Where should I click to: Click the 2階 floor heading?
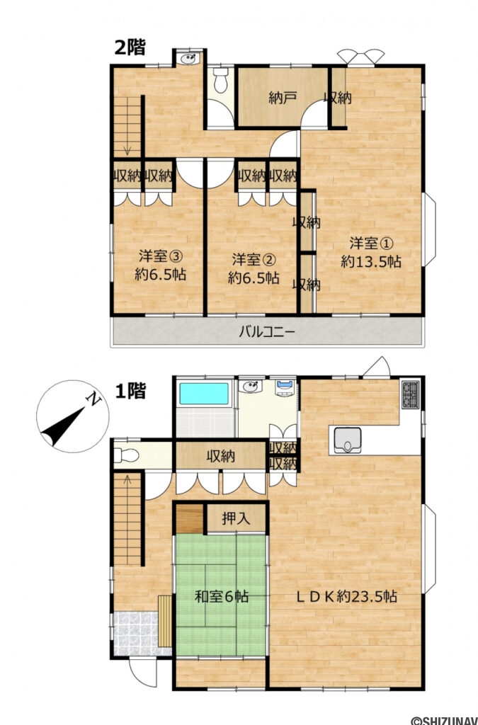[x=130, y=48]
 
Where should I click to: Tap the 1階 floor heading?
[x=130, y=390]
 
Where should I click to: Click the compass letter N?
[x=92, y=400]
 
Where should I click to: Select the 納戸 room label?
[x=282, y=98]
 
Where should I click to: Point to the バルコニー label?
[x=266, y=331]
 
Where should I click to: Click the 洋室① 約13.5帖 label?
[x=371, y=252]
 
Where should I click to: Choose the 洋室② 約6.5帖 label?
[x=254, y=267]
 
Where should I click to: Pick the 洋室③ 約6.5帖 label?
[x=160, y=264]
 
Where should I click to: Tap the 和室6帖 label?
[x=222, y=596]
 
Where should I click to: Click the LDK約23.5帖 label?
[x=346, y=596]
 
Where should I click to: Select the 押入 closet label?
[x=237, y=518]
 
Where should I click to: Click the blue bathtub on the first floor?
[x=205, y=394]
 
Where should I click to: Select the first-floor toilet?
[x=125, y=455]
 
